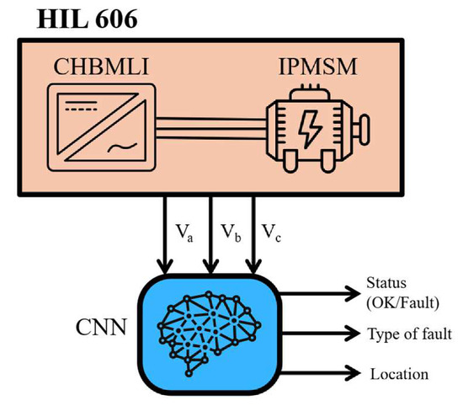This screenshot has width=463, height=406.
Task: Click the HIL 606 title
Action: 87,19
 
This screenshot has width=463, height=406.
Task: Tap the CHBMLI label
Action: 101,67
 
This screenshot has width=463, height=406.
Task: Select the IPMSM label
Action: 317,67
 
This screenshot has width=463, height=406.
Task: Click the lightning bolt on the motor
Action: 310,129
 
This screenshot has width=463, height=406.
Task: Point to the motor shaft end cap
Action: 365,130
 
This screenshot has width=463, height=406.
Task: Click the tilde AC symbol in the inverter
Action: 122,147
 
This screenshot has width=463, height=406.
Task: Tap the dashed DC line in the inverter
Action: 81,110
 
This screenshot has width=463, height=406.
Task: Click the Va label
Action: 184,232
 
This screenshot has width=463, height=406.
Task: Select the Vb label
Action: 231,232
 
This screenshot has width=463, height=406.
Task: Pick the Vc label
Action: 271,232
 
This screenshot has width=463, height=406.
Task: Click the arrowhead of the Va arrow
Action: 165,266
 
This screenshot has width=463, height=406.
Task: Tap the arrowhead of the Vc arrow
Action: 253,266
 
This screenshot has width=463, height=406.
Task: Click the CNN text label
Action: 101,327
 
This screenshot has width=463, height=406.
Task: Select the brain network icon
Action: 209,334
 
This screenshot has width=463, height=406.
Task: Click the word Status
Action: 386,283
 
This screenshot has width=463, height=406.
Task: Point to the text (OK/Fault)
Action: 402,303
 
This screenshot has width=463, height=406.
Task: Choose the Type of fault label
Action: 410,334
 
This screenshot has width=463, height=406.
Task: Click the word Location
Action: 399,374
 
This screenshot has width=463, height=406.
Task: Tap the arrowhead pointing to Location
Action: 354,373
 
